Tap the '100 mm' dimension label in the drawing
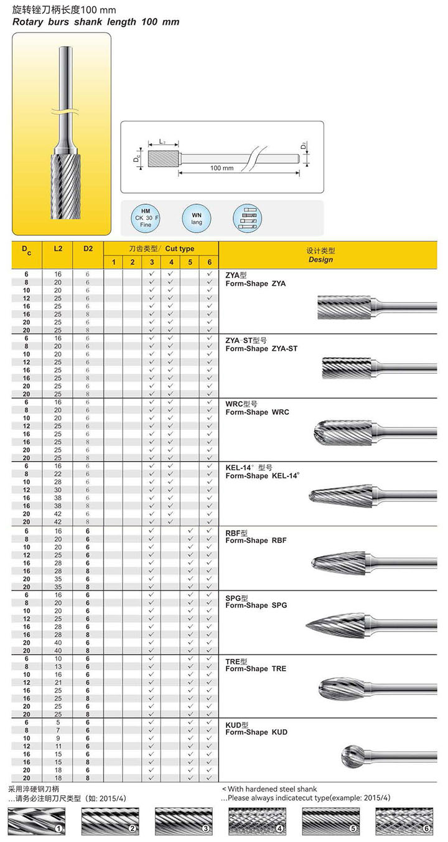tap(222, 168)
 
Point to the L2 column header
tap(57, 248)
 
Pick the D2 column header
tap(88, 248)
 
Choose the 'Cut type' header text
tap(180, 248)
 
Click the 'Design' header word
tap(320, 260)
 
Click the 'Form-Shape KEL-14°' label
tap(263, 476)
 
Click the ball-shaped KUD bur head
tap(354, 756)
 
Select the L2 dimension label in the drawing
tap(162, 142)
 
